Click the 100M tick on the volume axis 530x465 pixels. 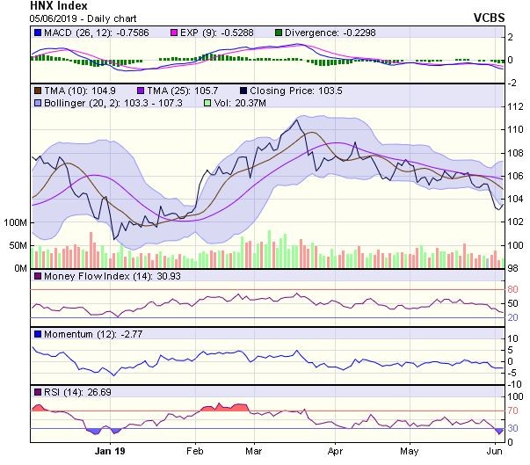[16, 223]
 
